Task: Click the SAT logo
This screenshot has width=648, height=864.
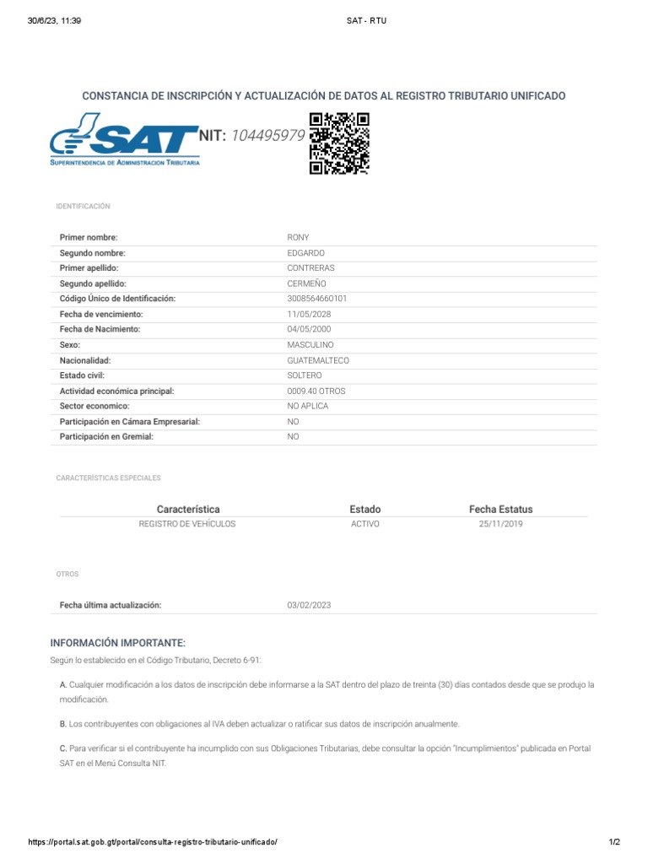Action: click(x=125, y=142)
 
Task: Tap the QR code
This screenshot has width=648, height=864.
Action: click(x=339, y=143)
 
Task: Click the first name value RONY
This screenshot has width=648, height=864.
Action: click(x=299, y=238)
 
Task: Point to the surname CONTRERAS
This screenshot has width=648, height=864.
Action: click(x=311, y=268)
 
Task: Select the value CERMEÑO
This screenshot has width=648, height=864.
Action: click(x=307, y=283)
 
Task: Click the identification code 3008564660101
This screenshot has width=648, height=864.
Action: click(x=317, y=299)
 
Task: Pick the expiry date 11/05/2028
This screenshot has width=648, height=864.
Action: click(x=309, y=314)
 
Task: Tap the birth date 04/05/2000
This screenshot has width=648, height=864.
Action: click(x=309, y=329)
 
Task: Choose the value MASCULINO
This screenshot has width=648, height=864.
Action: click(x=310, y=345)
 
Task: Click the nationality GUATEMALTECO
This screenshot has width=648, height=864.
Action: click(x=318, y=360)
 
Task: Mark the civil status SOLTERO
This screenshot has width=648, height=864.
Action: click(x=305, y=375)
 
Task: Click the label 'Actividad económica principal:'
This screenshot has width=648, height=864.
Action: click(x=116, y=391)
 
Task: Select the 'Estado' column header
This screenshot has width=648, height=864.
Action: click(x=365, y=510)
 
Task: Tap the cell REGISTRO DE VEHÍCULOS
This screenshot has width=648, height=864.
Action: click(x=187, y=524)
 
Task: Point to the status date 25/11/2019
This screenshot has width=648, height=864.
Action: click(x=501, y=524)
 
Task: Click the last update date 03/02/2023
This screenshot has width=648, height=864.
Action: click(x=310, y=605)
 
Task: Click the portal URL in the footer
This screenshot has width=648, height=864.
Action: click(x=153, y=842)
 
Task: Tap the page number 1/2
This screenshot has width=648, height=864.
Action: click(x=614, y=842)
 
